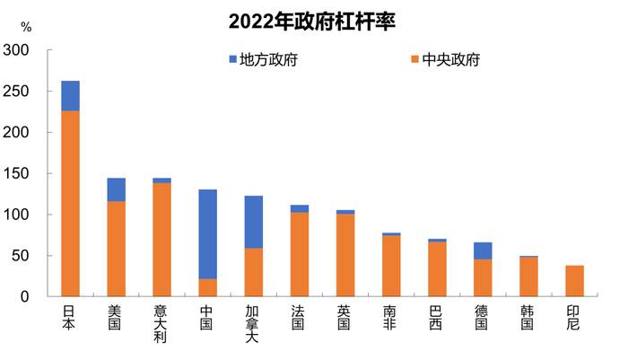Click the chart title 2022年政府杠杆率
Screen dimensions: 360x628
pyautogui.click(x=313, y=20)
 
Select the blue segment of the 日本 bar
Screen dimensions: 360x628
pyautogui.click(x=70, y=96)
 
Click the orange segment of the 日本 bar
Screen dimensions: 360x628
pyautogui.click(x=70, y=204)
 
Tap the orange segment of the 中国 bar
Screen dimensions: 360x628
pyautogui.click(x=207, y=288)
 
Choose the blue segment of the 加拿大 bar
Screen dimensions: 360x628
pyautogui.click(x=254, y=222)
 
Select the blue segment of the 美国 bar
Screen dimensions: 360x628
pyautogui.click(x=116, y=189)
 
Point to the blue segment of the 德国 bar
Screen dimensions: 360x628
pyautogui.click(x=483, y=250)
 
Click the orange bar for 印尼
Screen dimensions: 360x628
pyautogui.click(x=574, y=281)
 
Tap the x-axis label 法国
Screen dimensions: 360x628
pyautogui.click(x=300, y=317)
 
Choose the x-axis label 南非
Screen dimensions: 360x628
pyautogui.click(x=391, y=317)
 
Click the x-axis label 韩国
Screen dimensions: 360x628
pyautogui.click(x=528, y=317)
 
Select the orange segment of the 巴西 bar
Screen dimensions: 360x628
pyautogui.click(x=437, y=269)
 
